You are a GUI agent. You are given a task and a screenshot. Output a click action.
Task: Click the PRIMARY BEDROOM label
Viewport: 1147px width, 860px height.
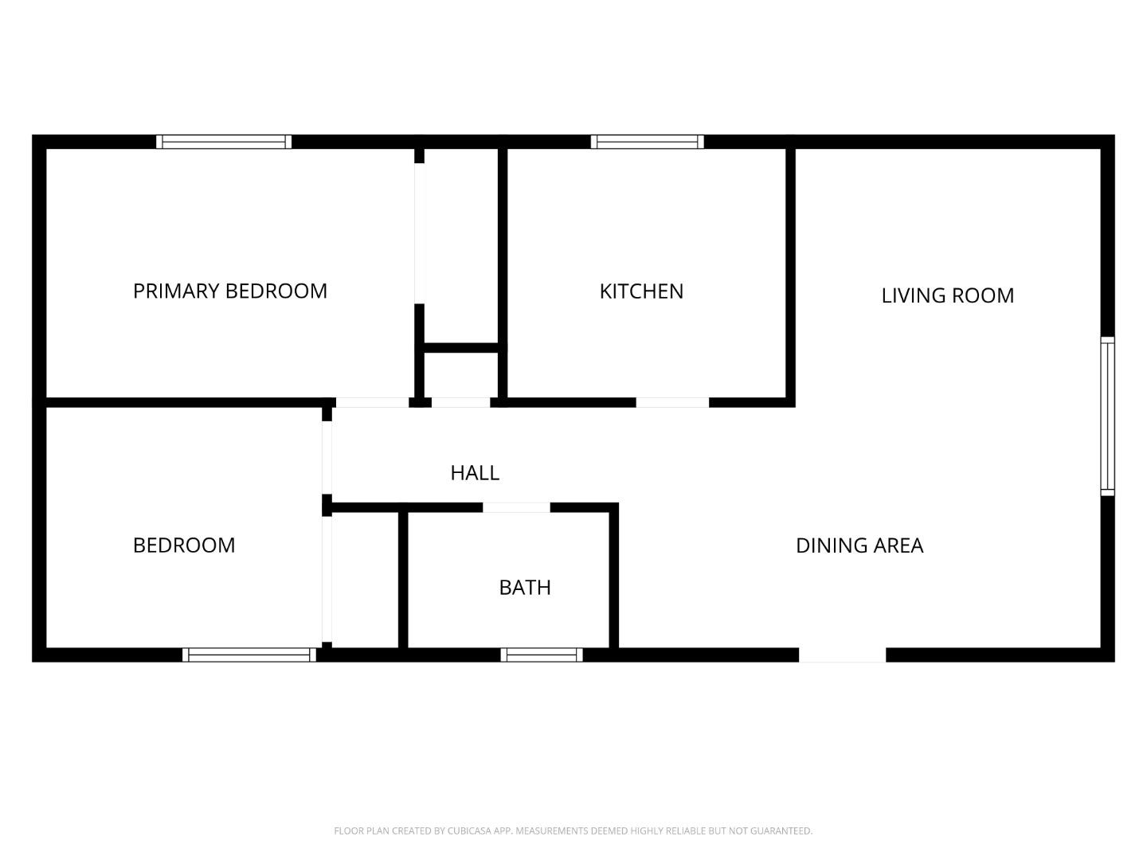pos(229,291)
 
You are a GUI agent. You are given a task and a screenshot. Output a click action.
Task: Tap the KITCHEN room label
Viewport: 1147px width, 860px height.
pos(641,291)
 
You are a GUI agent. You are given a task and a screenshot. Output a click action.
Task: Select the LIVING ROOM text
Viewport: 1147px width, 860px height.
pos(947,295)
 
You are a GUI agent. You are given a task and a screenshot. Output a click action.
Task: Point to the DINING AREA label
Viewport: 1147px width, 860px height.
pos(859,545)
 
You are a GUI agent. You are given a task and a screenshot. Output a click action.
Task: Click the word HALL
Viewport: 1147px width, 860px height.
pos(475,473)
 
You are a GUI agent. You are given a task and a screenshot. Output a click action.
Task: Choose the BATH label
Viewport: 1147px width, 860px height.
pos(525,588)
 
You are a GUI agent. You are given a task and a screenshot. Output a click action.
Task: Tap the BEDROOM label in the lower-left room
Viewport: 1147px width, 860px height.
pos(184,545)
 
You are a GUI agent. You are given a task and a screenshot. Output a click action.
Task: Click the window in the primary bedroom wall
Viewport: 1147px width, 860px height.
pos(224,142)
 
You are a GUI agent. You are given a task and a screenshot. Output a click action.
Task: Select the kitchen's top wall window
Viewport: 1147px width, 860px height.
pos(647,142)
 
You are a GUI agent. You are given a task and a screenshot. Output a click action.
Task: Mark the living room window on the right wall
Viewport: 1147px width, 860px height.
pos(1107,416)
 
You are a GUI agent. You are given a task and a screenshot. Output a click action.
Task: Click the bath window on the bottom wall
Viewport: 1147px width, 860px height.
pos(542,655)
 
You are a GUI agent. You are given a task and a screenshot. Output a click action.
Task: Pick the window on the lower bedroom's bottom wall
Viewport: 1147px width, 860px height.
pos(249,655)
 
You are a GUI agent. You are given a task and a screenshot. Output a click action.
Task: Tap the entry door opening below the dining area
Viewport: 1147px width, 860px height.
pos(842,655)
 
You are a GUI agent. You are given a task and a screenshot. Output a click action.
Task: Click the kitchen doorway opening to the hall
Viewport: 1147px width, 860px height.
pos(672,402)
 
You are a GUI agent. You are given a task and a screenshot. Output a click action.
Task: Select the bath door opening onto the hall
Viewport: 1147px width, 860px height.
pos(516,507)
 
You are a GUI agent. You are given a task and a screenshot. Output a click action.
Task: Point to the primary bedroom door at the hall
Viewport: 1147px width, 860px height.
pos(371,402)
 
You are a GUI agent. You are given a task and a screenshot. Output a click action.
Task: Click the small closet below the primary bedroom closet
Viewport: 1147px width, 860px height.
pos(461,374)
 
